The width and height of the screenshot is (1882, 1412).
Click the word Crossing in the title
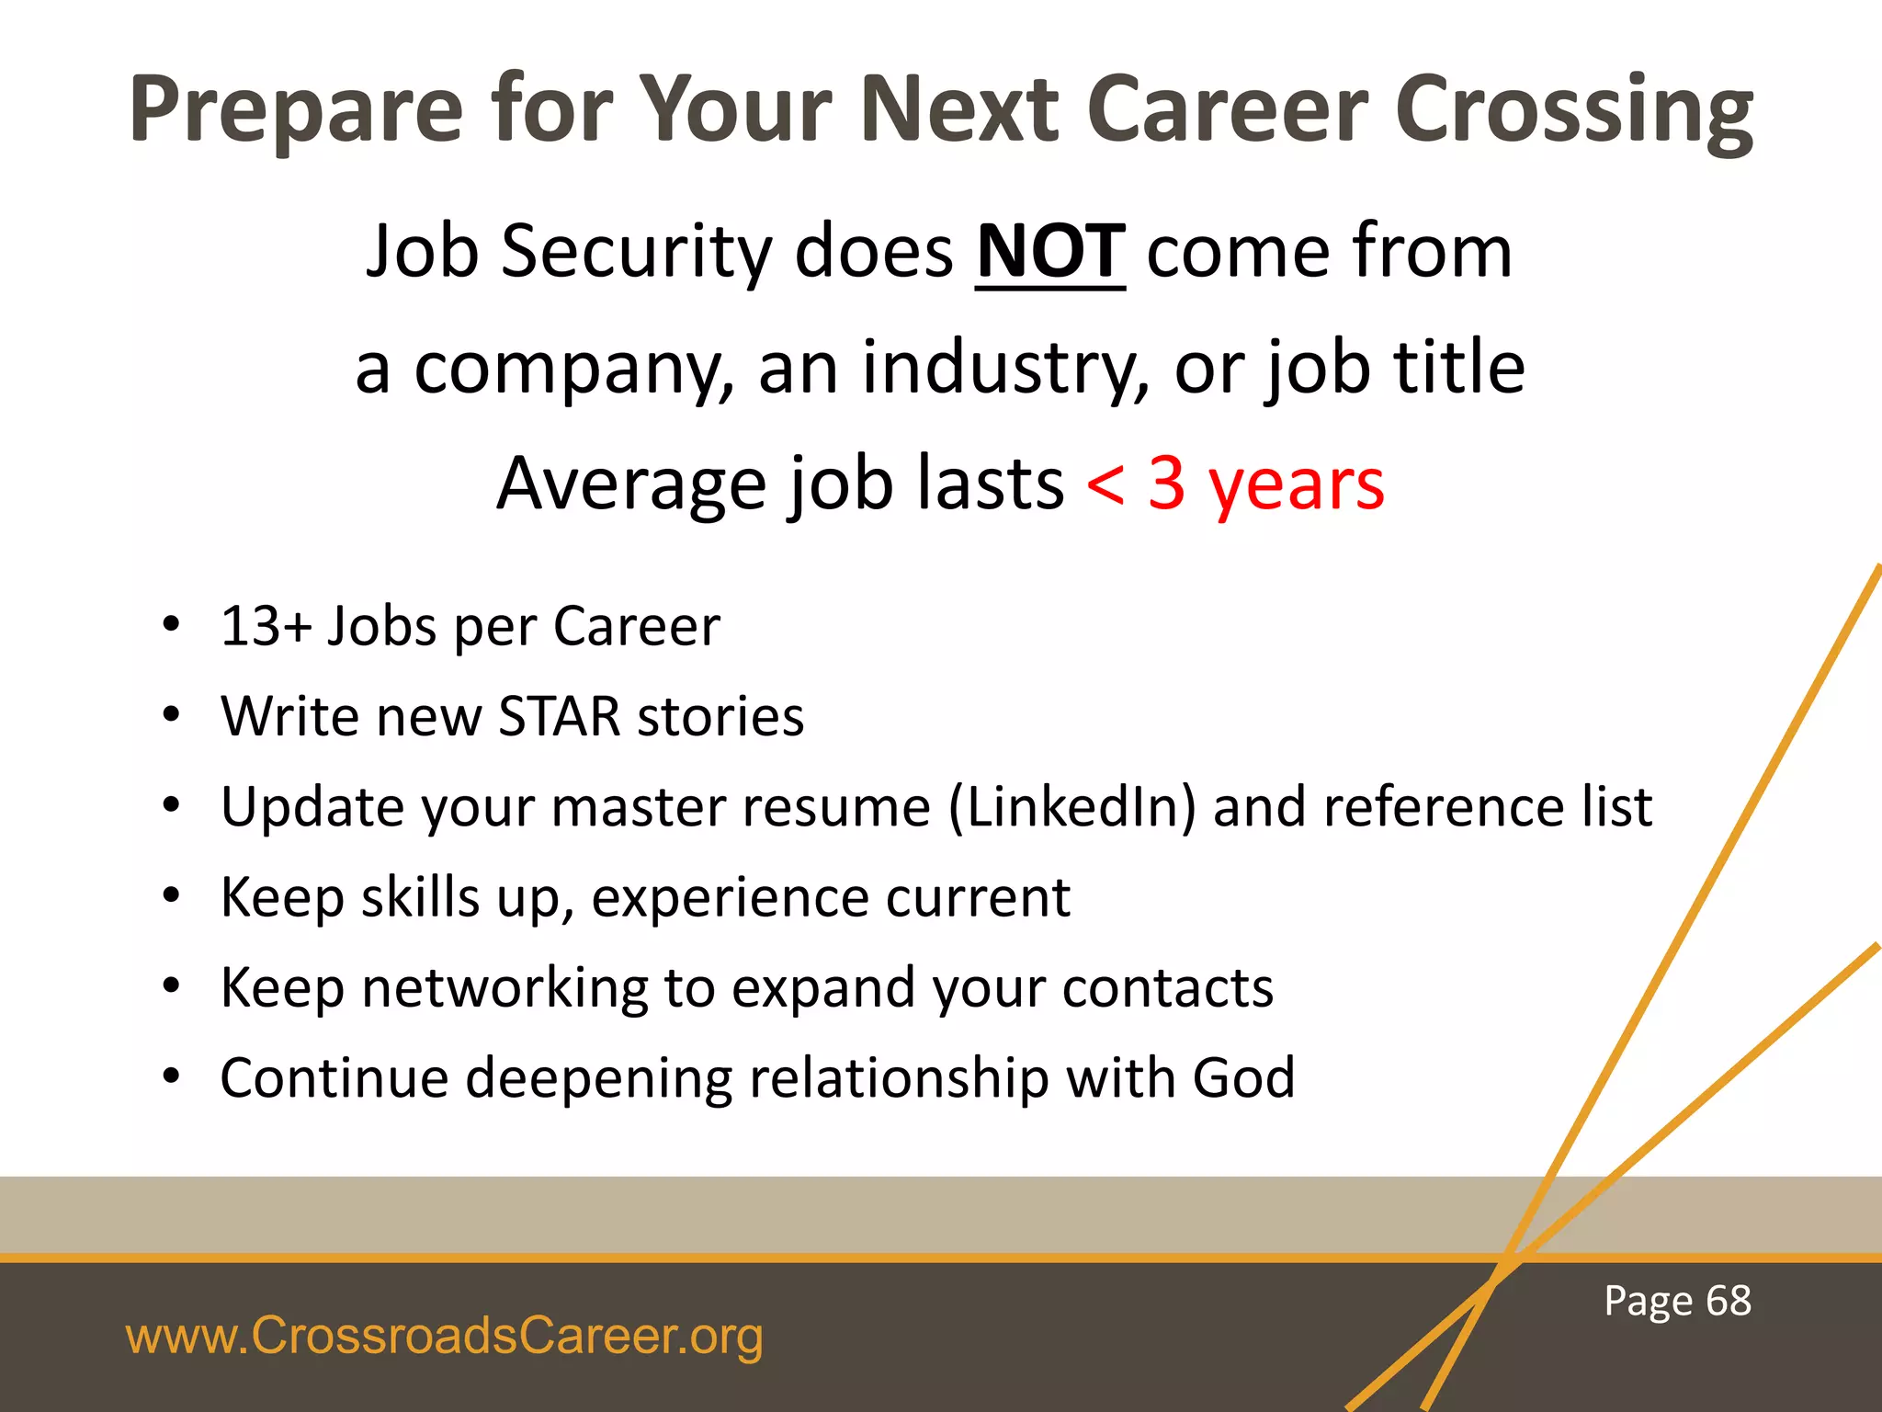click(x=1573, y=110)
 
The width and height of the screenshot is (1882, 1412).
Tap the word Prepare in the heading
click(x=296, y=110)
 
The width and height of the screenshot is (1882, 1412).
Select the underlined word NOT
click(x=1049, y=252)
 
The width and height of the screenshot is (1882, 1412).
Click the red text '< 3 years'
click(x=1235, y=484)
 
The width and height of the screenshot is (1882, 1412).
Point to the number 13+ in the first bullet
click(x=266, y=627)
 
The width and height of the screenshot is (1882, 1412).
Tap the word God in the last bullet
click(x=1243, y=1077)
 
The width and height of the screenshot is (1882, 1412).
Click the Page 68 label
click(x=1677, y=1301)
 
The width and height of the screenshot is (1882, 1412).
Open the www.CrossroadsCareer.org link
click(x=444, y=1336)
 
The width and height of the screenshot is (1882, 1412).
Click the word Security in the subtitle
click(x=636, y=252)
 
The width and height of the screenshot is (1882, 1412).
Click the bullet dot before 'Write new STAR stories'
click(x=171, y=716)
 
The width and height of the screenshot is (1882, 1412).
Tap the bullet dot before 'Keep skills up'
click(x=171, y=896)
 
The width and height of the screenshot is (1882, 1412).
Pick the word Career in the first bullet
click(x=637, y=627)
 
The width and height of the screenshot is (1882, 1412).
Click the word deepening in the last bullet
click(x=598, y=1077)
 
